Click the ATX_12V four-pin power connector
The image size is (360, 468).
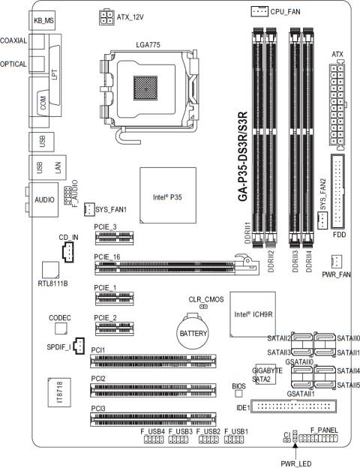[x=106, y=17]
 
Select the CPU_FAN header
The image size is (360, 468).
[x=259, y=11]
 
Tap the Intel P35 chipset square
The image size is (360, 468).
[x=168, y=196]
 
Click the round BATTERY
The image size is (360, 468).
[x=193, y=331]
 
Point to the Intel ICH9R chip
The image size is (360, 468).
[x=253, y=314]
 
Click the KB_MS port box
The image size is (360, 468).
[x=42, y=20]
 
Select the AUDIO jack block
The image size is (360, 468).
[x=43, y=199]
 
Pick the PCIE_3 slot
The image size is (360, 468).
[x=114, y=238]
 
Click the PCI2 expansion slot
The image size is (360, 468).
[x=153, y=391]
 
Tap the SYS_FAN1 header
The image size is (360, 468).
[x=89, y=209]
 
